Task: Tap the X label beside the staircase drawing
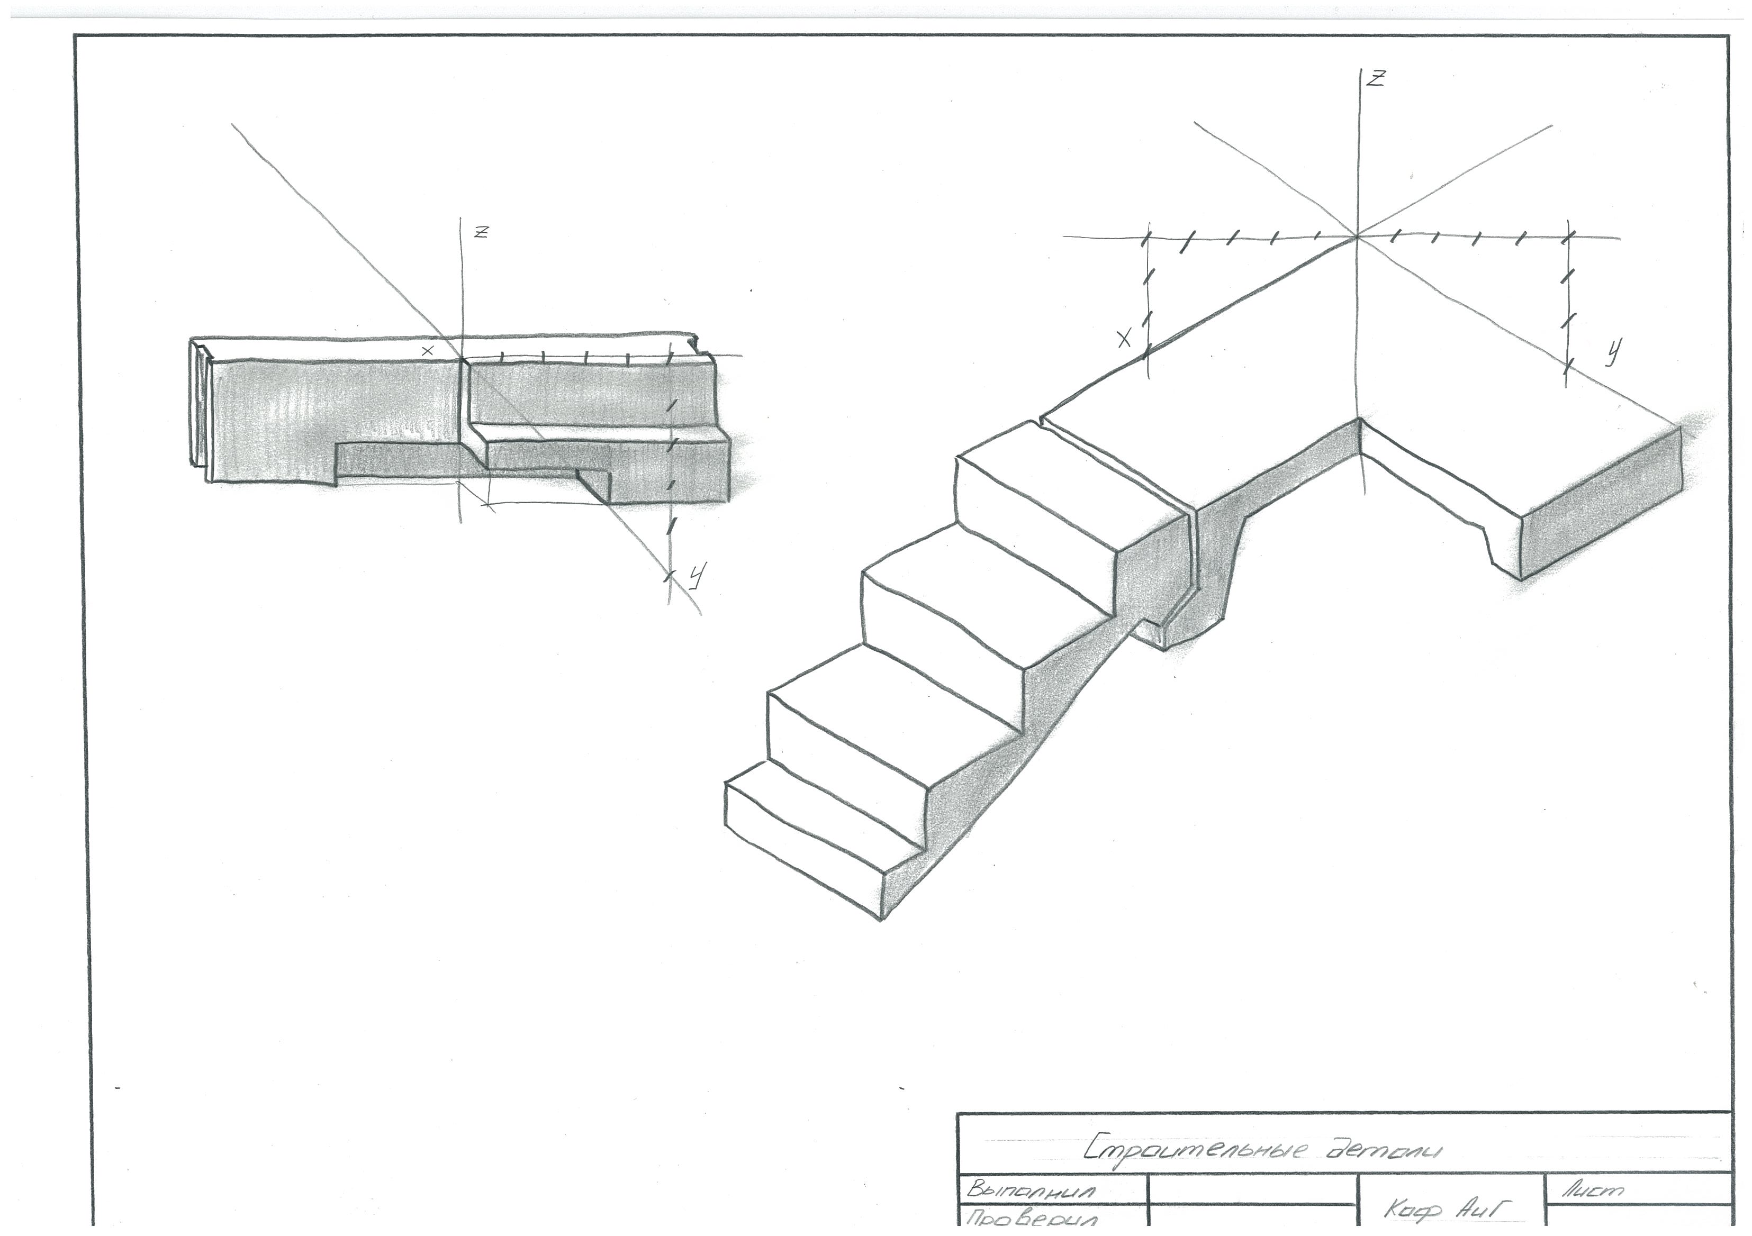[1124, 340]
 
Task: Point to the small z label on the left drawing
[481, 233]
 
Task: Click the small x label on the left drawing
[428, 351]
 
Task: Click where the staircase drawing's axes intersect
[1358, 237]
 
